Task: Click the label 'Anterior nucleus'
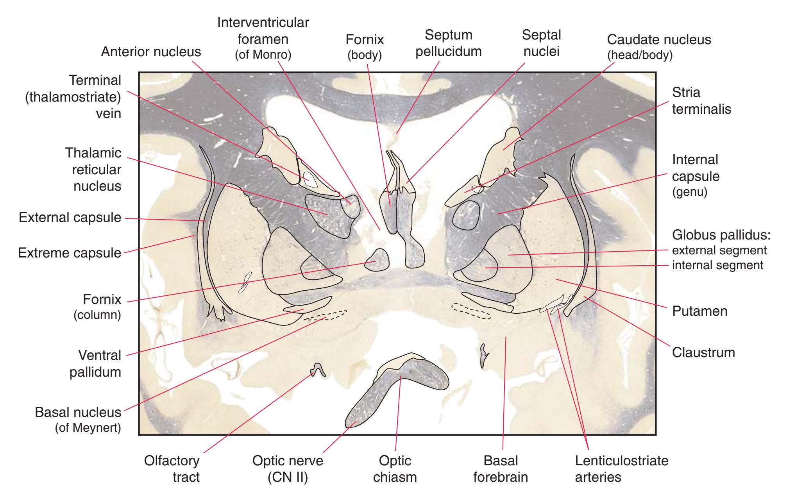(151, 52)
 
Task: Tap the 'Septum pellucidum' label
(448, 43)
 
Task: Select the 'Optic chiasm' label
(395, 469)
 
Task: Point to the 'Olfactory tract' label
(172, 469)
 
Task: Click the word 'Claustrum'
(703, 352)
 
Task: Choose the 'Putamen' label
(699, 311)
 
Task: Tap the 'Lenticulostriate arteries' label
(621, 469)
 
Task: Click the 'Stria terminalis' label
(701, 100)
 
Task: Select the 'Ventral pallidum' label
(99, 363)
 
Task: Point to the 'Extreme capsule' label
(70, 253)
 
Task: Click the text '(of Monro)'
(263, 55)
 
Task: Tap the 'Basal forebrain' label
(501, 469)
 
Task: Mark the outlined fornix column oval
(377, 260)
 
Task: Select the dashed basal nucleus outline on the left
(326, 315)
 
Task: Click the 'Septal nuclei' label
(541, 43)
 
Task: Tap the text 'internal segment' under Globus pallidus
(717, 265)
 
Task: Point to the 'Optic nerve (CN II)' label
(288, 469)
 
